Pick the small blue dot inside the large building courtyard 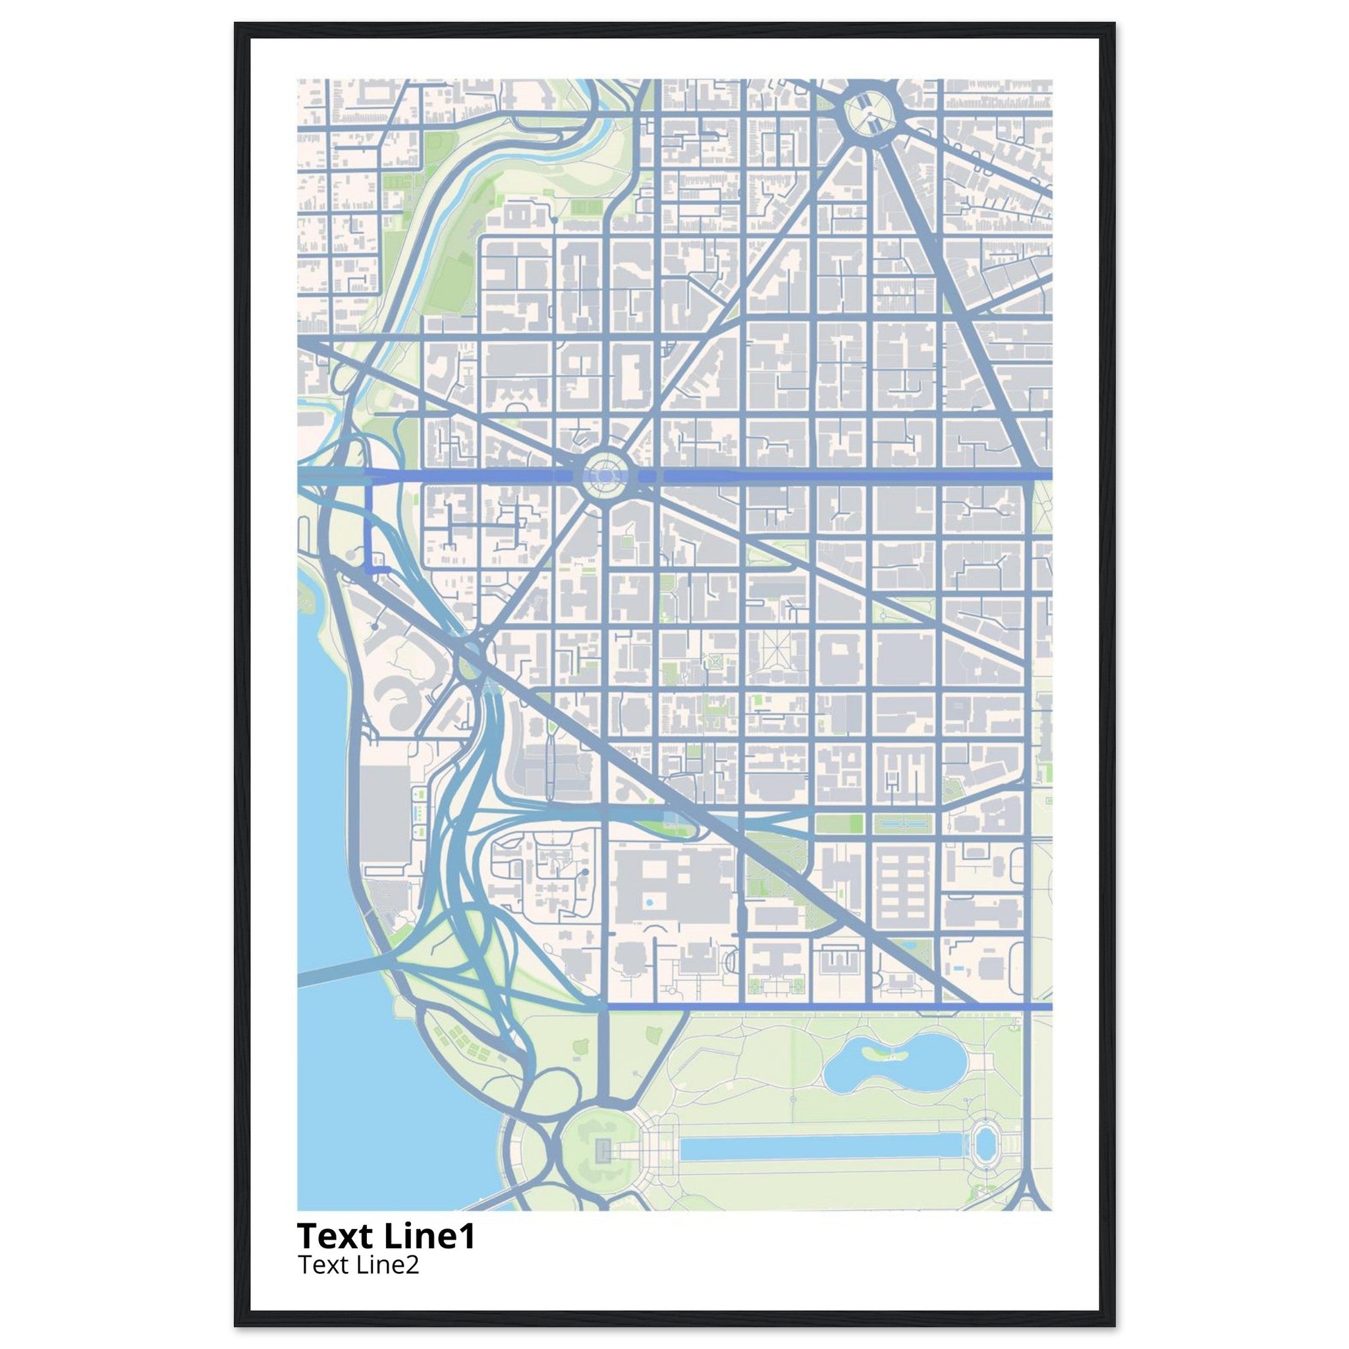(649, 903)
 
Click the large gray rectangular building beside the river (385, 813)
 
